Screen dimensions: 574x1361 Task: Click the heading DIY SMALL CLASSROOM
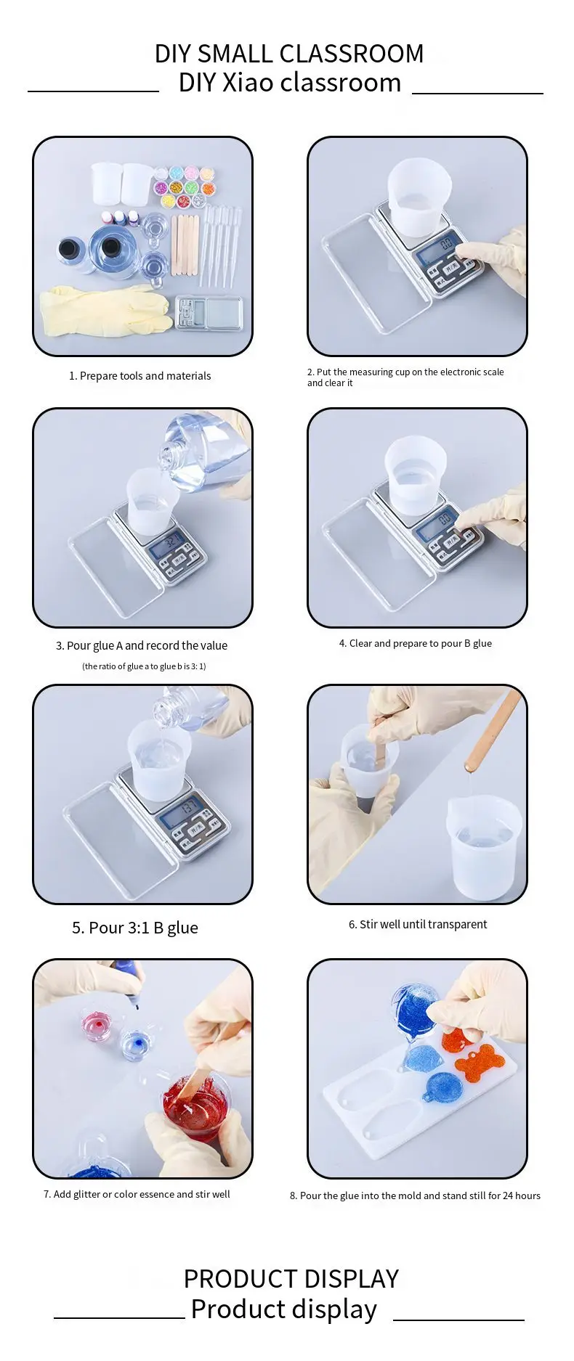pyautogui.click(x=289, y=54)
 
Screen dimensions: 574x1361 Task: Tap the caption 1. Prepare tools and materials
pyautogui.click(x=140, y=376)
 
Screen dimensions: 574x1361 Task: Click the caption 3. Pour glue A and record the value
pyautogui.click(x=142, y=645)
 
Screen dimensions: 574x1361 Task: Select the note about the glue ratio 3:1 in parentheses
pyautogui.click(x=144, y=666)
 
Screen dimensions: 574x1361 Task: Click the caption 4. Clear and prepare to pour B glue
pyautogui.click(x=416, y=643)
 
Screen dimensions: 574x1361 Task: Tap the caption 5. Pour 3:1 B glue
pyautogui.click(x=135, y=928)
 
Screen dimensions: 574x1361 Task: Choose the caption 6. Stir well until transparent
pyautogui.click(x=418, y=924)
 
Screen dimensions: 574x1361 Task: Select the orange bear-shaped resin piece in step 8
pyautogui.click(x=480, y=1063)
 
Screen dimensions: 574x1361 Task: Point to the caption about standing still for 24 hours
pyautogui.click(x=415, y=1196)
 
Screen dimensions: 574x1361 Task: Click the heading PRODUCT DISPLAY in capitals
pyautogui.click(x=291, y=1278)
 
